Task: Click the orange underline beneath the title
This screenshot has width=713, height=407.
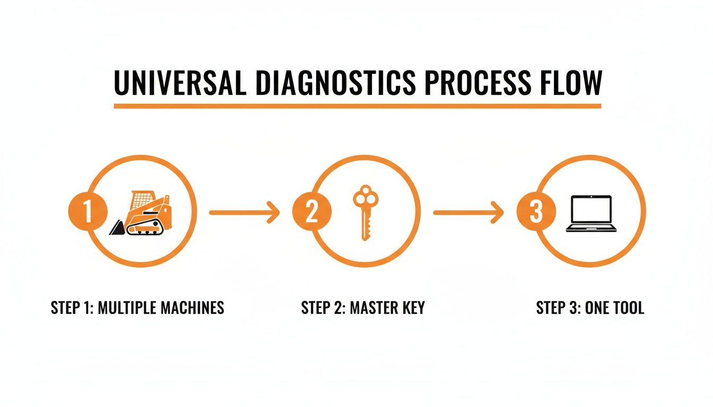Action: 357,106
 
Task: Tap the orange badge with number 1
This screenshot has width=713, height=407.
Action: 88,213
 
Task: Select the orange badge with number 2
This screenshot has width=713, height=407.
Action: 312,213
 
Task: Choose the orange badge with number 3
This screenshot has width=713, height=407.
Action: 536,213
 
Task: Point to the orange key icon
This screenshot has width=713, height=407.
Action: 366,212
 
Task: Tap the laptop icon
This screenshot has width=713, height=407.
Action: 592,214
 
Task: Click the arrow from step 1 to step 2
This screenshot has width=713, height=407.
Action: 244,213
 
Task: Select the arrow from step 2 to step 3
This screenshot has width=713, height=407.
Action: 468,213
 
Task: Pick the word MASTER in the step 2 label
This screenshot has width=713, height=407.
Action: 371,308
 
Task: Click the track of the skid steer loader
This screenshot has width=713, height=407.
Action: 145,228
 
